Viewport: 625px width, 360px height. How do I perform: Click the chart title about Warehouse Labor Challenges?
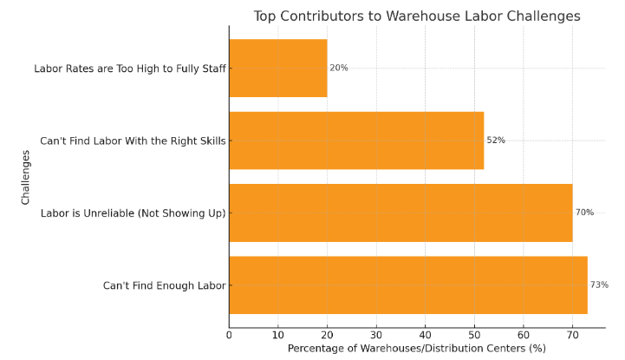(416, 16)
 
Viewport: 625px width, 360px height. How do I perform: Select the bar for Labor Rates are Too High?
(277, 68)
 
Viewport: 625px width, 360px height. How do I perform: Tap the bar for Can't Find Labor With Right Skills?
(355, 140)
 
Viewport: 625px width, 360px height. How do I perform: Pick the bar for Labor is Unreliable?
(400, 213)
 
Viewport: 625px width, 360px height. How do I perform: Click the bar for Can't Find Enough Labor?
(407, 285)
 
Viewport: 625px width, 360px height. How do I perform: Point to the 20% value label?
(339, 68)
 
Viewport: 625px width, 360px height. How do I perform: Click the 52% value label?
(496, 140)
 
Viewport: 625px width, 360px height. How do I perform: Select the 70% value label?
(584, 213)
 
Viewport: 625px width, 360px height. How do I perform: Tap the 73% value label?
(599, 285)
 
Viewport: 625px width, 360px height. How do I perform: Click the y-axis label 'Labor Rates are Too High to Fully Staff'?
(130, 68)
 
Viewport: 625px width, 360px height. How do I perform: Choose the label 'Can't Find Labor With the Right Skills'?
(133, 141)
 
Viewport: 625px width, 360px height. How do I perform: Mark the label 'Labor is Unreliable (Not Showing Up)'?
(133, 213)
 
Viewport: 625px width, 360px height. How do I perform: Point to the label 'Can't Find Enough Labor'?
(164, 285)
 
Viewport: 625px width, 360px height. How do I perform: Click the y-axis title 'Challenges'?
(26, 177)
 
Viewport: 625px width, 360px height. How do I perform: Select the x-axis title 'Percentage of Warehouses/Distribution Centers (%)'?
(416, 349)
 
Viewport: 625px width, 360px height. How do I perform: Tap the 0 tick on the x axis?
(229, 335)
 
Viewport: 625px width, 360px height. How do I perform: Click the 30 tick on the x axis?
(376, 335)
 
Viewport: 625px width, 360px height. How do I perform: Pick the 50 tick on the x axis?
(474, 335)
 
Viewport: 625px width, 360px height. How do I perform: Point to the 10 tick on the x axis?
(277, 335)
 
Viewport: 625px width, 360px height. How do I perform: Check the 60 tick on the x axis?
(523, 335)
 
